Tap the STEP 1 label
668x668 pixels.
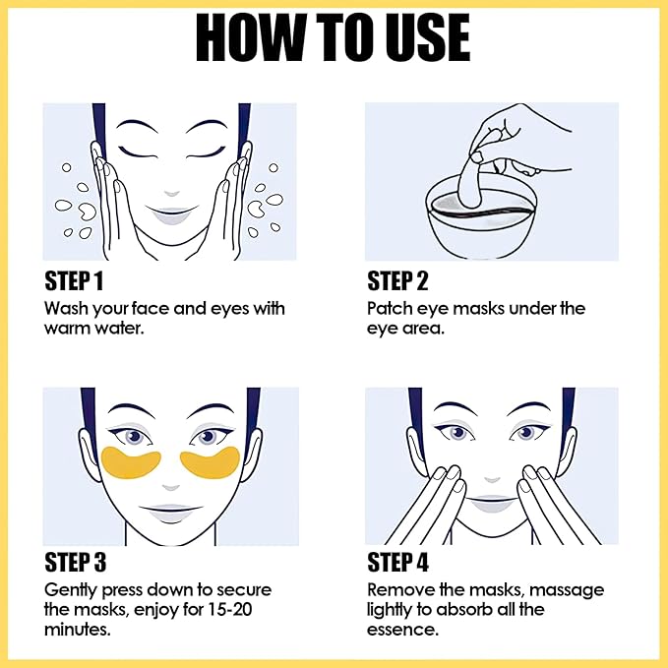click(x=74, y=281)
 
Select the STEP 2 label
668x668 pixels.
click(x=397, y=281)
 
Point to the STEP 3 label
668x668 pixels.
click(x=75, y=564)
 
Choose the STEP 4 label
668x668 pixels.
click(x=398, y=564)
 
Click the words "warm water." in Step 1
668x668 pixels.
click(x=94, y=329)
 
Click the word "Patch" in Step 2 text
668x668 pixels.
click(x=390, y=309)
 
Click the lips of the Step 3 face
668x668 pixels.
click(x=172, y=511)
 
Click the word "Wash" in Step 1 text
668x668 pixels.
click(x=64, y=309)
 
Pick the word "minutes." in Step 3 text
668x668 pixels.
click(x=77, y=630)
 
